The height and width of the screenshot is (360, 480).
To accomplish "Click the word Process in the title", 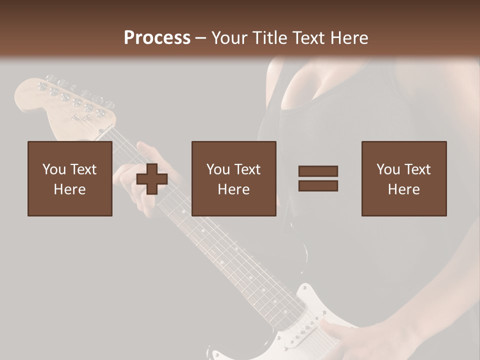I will pyautogui.click(x=157, y=38).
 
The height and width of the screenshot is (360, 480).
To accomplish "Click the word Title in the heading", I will pyautogui.click(x=269, y=38).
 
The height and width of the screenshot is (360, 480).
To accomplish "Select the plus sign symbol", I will pyautogui.click(x=152, y=178).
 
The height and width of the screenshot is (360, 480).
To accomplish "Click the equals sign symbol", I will pyautogui.click(x=318, y=178).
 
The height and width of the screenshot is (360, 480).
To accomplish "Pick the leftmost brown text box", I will pyautogui.click(x=70, y=178).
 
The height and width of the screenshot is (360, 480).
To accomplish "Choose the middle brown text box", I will pyautogui.click(x=234, y=178).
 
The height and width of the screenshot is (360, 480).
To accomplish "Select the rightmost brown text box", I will pyautogui.click(x=404, y=178).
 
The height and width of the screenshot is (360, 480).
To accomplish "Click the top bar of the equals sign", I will pyautogui.click(x=318, y=171).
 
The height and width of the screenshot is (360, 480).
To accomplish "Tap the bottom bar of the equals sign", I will pyautogui.click(x=318, y=185).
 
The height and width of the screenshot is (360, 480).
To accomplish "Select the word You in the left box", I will pyautogui.click(x=53, y=169).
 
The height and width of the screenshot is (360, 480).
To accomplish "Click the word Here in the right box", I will pyautogui.click(x=404, y=189).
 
